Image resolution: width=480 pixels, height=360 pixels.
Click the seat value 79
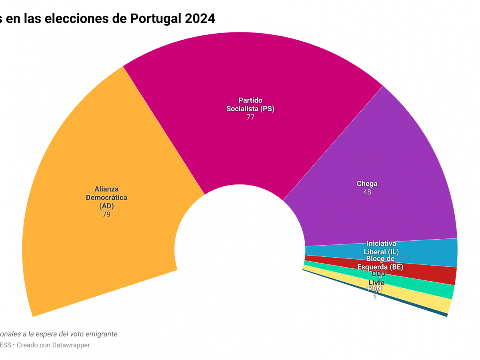106,214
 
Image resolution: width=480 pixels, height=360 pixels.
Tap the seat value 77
250,117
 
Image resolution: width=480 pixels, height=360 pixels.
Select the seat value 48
367,192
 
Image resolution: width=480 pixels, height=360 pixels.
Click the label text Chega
367,184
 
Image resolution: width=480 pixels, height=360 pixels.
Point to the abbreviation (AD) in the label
106,206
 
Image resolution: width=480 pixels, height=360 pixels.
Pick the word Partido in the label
250,100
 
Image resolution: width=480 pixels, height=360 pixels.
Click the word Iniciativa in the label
381,244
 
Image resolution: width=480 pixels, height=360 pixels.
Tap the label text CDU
378,274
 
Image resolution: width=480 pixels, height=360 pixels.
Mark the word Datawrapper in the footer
71,345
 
